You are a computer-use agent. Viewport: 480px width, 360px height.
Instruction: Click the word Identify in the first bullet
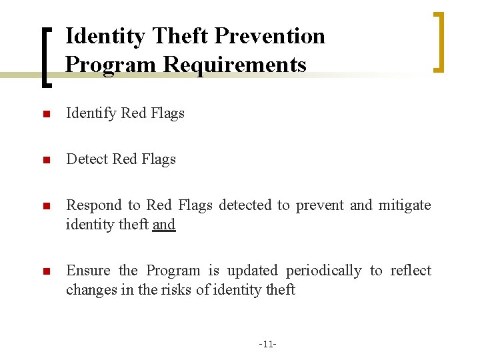click(91, 113)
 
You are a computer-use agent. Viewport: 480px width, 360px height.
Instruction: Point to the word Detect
click(87, 159)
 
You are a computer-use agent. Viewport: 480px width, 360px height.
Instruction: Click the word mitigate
click(405, 205)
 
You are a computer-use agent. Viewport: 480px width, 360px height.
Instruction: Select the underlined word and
click(164, 225)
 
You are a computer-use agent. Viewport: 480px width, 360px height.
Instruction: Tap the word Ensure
click(88, 271)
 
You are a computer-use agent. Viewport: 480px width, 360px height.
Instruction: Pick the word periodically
click(324, 271)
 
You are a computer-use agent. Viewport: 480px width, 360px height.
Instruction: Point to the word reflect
click(410, 271)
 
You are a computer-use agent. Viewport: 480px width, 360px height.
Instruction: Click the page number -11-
click(267, 344)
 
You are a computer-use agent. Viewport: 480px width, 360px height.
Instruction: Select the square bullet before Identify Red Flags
click(45, 114)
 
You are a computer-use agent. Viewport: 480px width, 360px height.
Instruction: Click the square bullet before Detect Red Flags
click(45, 160)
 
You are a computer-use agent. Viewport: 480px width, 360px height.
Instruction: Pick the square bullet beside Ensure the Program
click(45, 271)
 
